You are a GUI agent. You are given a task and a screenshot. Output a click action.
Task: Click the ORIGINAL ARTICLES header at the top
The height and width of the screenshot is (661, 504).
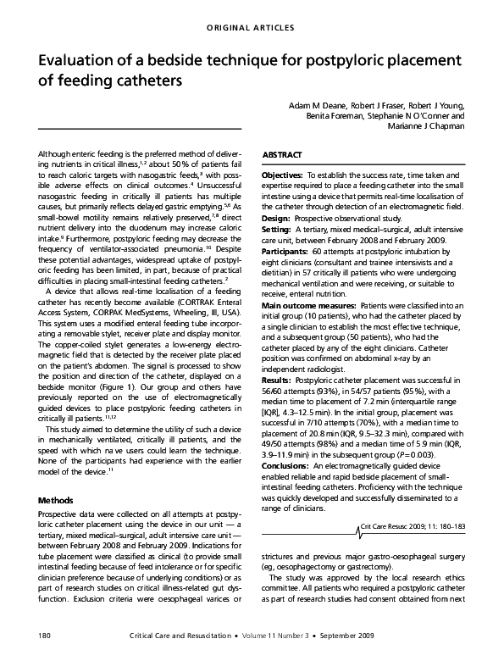252,28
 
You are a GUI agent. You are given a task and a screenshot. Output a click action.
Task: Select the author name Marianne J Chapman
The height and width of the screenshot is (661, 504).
426,125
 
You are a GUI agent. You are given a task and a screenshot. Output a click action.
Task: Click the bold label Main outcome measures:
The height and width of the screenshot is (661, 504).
310,304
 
